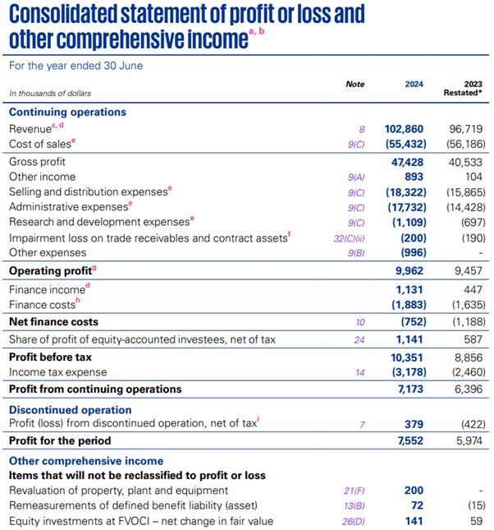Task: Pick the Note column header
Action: [354, 84]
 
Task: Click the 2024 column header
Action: [415, 84]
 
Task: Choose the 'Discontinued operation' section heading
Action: [70, 409]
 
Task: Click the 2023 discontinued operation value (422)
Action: [472, 424]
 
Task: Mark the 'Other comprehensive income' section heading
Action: [86, 461]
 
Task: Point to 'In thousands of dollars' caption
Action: [50, 94]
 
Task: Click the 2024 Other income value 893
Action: [414, 177]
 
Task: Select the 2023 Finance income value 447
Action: [473, 289]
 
